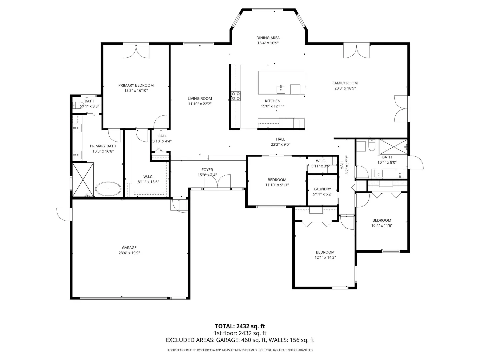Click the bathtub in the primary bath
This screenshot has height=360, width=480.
click(108, 189)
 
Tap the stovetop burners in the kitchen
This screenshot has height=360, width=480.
click(236, 96)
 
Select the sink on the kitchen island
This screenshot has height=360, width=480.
click(281, 89)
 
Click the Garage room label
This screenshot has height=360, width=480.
click(129, 247)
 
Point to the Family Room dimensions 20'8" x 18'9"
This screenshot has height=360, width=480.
click(345, 88)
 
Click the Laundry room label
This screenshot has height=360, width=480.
click(322, 189)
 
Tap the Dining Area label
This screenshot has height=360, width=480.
click(268, 38)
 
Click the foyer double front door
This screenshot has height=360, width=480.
click(217, 181)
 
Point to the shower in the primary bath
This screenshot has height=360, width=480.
click(83, 179)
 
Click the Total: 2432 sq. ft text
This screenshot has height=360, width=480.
click(240, 326)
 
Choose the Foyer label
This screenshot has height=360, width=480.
click(207, 170)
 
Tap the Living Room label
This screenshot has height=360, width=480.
click(200, 99)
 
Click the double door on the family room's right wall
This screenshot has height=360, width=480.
click(401, 109)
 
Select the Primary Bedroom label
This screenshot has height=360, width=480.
click(136, 85)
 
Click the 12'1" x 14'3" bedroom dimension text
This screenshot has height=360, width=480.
click(325, 257)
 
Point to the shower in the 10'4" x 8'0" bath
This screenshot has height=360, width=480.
click(393, 147)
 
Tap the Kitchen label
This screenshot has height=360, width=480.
click(272, 101)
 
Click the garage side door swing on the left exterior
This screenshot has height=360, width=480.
click(64, 214)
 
